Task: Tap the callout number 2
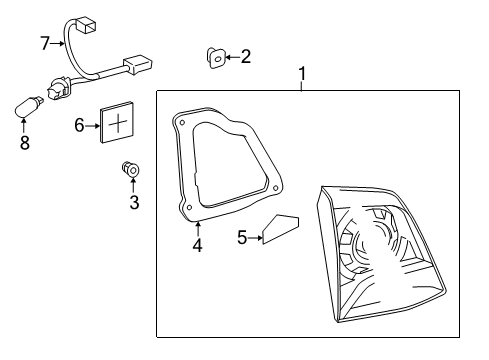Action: pos(246,57)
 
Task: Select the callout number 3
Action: pos(134,203)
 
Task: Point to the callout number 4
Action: pos(197,244)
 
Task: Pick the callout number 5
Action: pos(242,237)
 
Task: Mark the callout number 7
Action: pos(44,43)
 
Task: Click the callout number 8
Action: pos(25,143)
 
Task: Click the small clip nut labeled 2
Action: pos(214,58)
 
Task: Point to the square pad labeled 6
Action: pos(118,124)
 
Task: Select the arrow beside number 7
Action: pos(58,43)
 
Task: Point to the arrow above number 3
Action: pos(133,186)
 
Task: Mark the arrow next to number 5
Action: pos(255,237)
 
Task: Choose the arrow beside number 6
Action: pos(93,124)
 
